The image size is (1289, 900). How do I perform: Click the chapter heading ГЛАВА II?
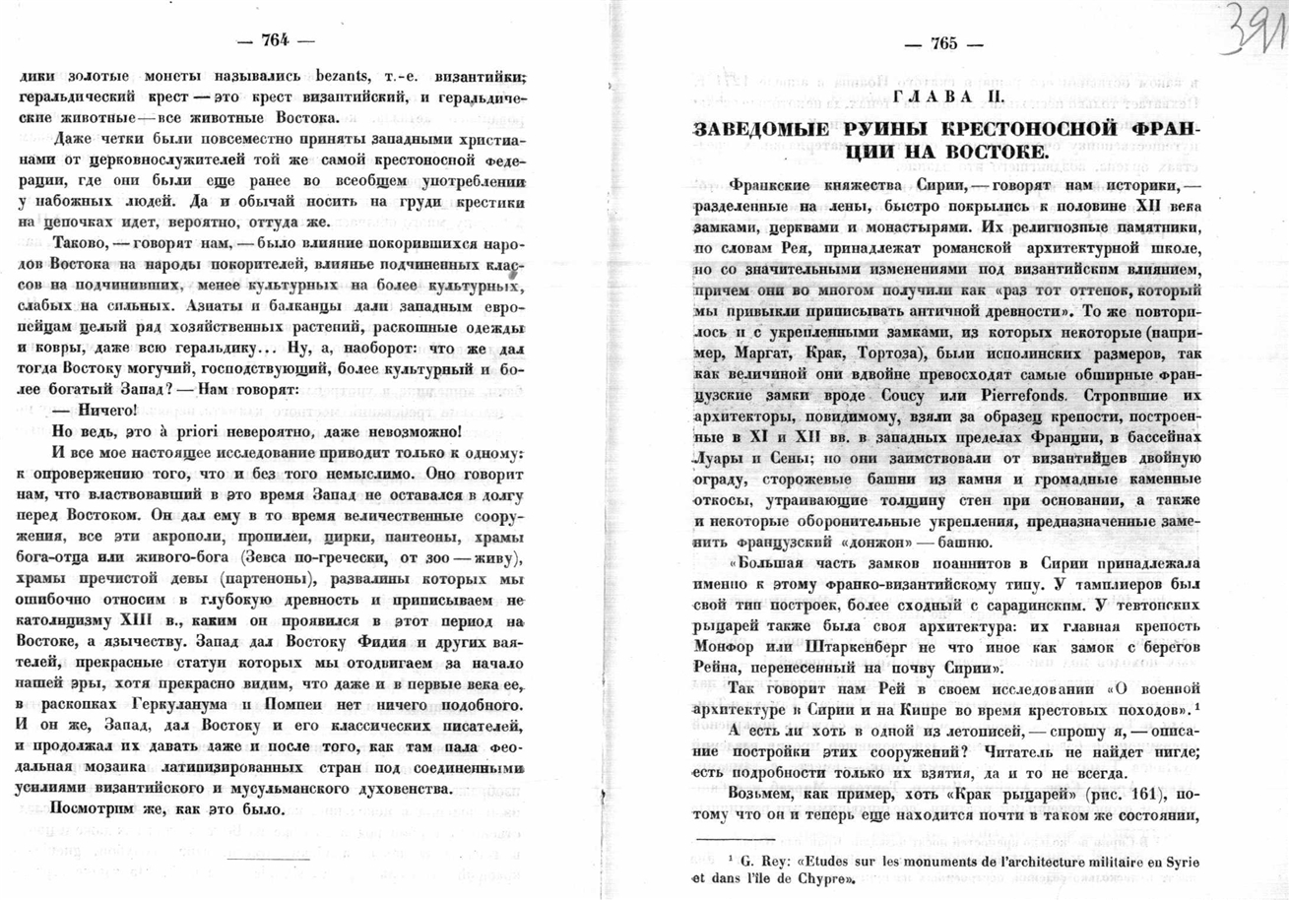(x=947, y=96)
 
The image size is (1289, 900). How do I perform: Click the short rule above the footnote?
(x=735, y=839)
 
